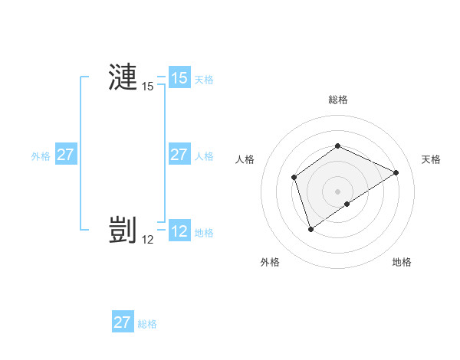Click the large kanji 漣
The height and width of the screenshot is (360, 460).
click(x=123, y=77)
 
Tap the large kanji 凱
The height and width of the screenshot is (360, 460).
click(x=123, y=230)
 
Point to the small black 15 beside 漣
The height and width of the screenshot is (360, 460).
click(x=148, y=87)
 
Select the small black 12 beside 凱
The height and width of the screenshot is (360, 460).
click(x=148, y=239)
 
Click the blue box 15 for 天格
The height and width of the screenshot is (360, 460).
click(x=179, y=78)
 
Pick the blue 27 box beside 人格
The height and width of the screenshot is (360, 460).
click(x=179, y=155)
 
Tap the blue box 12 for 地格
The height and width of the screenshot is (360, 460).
click(x=179, y=231)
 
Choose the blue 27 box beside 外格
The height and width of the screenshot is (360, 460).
click(x=66, y=155)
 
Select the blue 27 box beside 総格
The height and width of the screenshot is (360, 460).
click(x=123, y=322)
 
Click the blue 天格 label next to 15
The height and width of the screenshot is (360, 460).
click(x=204, y=79)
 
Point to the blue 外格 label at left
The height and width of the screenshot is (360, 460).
click(x=41, y=155)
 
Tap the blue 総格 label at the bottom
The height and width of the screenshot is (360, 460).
click(x=147, y=323)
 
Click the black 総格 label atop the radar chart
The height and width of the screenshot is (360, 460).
click(x=337, y=100)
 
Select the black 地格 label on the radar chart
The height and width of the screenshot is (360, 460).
click(x=402, y=262)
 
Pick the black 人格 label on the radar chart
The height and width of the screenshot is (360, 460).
click(x=245, y=159)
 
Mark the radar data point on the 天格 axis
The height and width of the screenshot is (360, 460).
click(x=396, y=172)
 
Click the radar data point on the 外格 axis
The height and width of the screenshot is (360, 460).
click(x=310, y=228)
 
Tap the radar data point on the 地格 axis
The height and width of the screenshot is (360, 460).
click(x=347, y=204)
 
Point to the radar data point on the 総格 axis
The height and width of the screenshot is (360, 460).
click(x=337, y=146)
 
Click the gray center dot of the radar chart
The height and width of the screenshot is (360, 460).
click(x=337, y=191)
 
